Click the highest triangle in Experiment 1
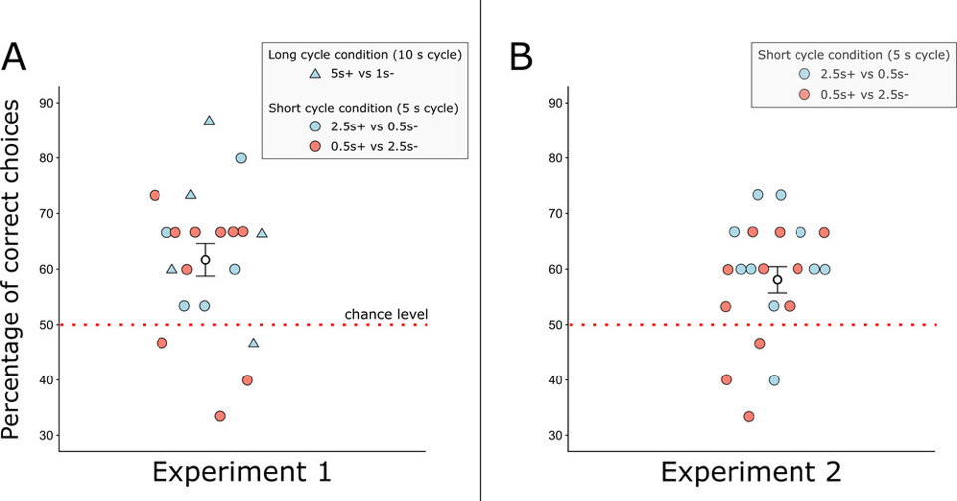(x=209, y=121)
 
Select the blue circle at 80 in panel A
(x=241, y=158)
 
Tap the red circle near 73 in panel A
(x=155, y=195)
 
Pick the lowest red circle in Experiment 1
(x=220, y=416)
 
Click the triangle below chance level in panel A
(x=253, y=343)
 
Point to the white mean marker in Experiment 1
(x=205, y=260)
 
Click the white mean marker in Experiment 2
(x=777, y=280)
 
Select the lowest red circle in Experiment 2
(x=749, y=416)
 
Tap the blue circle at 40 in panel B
(x=774, y=379)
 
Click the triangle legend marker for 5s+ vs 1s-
(x=314, y=73)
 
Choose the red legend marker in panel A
(x=314, y=145)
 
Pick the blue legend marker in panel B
(x=805, y=74)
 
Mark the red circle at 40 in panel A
(x=247, y=379)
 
